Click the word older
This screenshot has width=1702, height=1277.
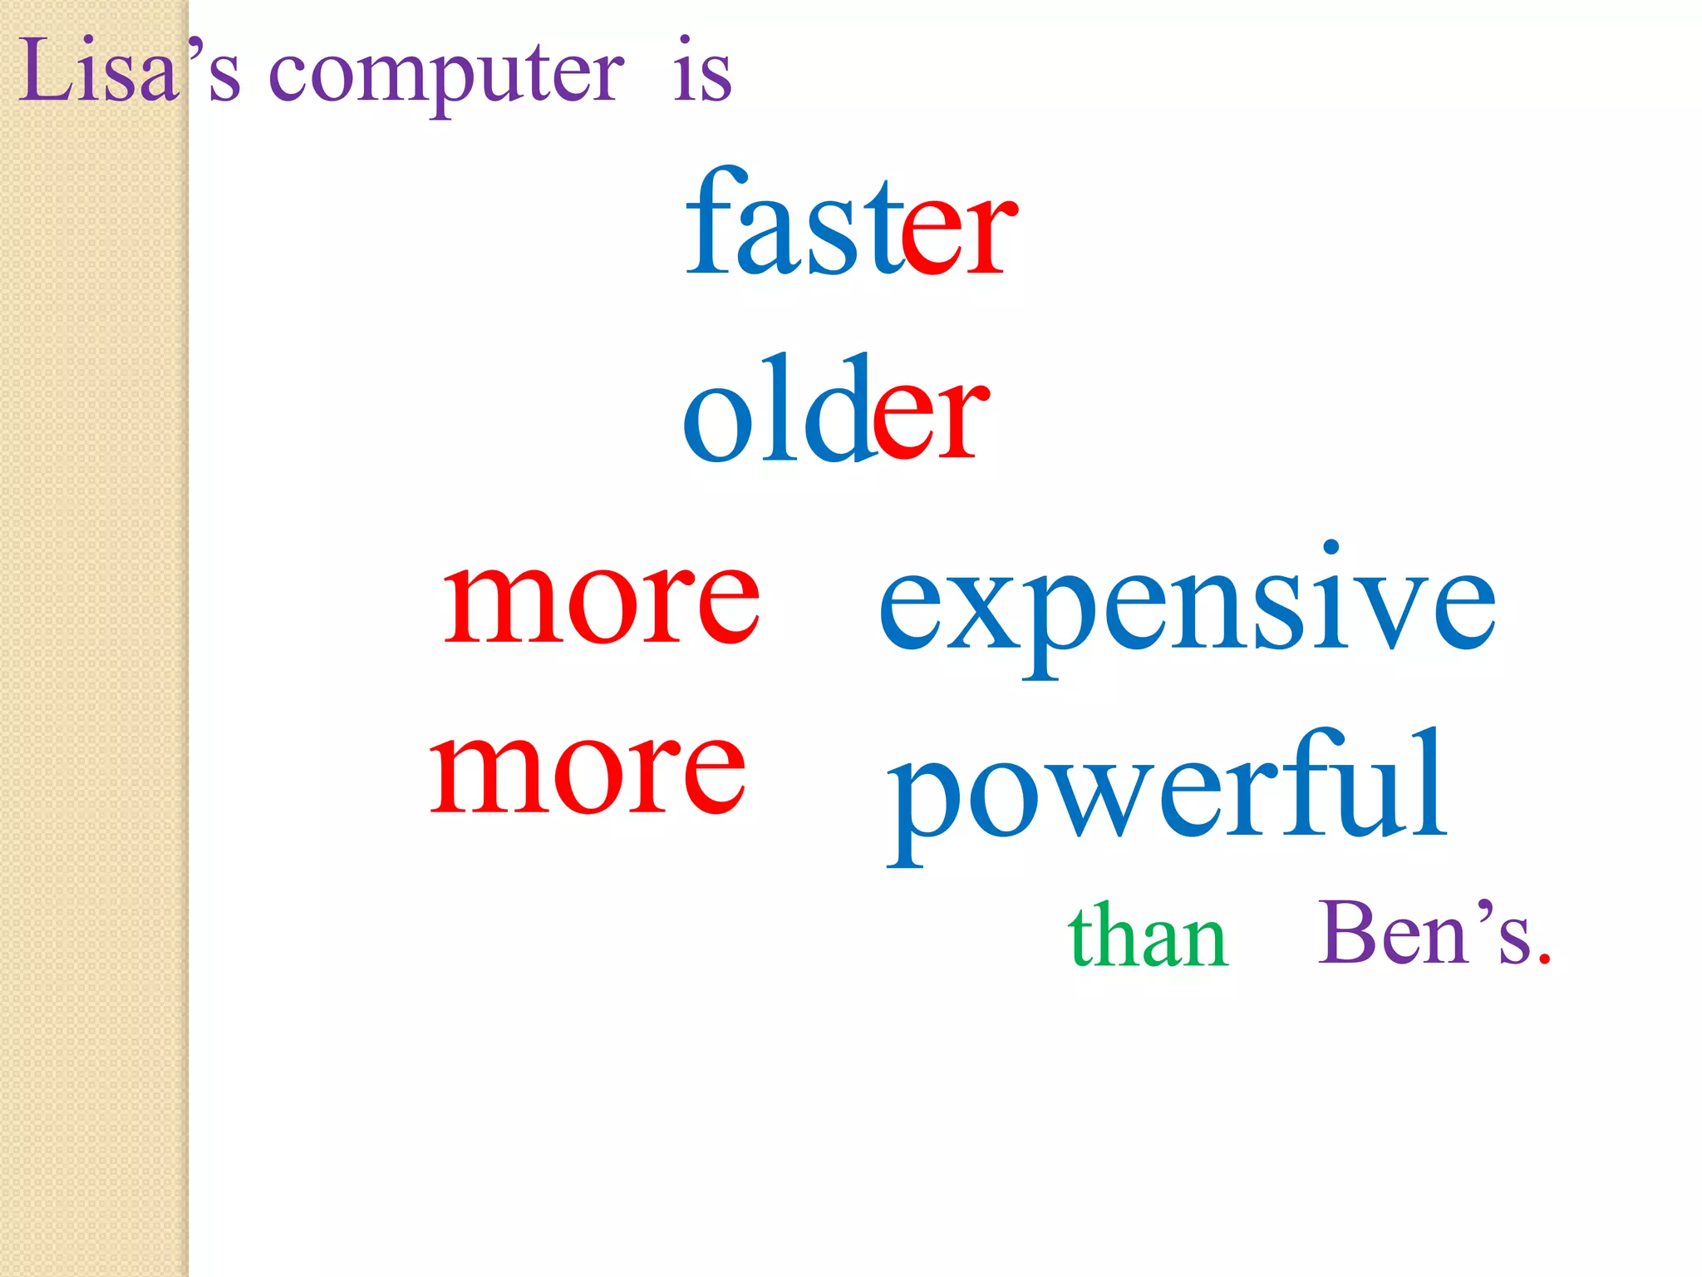[835, 412]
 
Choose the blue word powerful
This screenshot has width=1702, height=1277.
[1168, 790]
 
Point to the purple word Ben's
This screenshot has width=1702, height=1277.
[1425, 933]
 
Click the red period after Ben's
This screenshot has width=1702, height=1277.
[1544, 960]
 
